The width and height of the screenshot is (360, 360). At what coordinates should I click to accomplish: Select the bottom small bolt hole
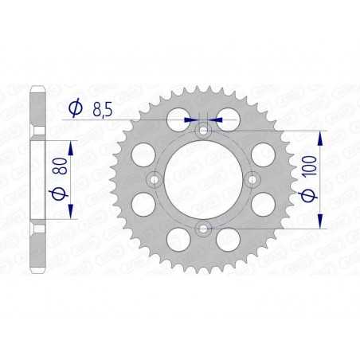click(x=203, y=229)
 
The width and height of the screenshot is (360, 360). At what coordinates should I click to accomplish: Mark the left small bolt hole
click(x=153, y=179)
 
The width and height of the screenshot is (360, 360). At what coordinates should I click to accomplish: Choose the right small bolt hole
click(x=253, y=179)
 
